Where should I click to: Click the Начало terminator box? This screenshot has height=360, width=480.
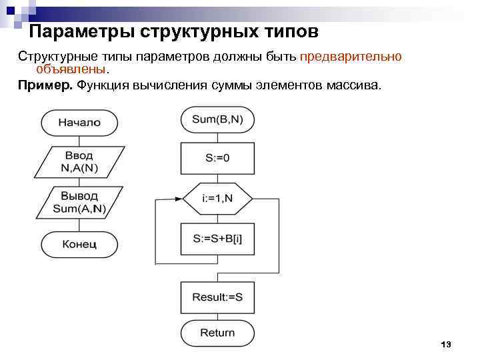pos(79,123)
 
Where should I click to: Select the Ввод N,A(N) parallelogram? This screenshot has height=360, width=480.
pos(79,161)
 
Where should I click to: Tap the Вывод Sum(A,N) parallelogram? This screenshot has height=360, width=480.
pos(79,202)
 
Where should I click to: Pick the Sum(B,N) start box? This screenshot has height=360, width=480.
pos(217,120)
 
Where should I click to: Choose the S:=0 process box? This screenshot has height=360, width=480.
pos(217,158)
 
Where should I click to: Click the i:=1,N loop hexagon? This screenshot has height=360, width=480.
pos(217,198)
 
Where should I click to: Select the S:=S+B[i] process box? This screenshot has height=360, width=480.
pos(217,238)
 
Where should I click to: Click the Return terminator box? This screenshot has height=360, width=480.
pos(217,333)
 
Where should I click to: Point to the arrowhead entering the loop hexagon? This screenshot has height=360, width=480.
pos(179,198)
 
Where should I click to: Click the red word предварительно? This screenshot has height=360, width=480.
pos(351,57)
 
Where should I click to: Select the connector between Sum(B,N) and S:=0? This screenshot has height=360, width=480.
pos(217,138)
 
